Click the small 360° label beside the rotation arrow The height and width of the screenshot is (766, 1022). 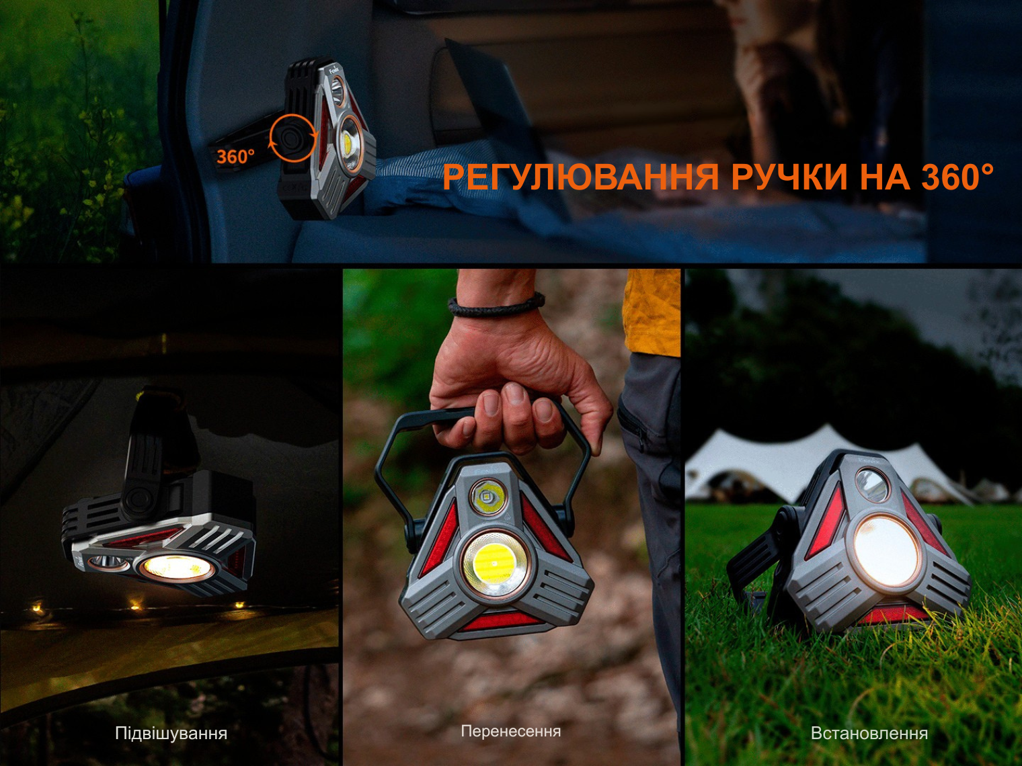click(236, 157)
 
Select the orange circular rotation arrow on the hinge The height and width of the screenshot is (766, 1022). click(293, 138)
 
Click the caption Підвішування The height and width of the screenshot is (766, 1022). click(171, 734)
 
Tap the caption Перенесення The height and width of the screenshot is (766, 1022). click(511, 731)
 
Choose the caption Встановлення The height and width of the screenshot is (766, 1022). click(869, 734)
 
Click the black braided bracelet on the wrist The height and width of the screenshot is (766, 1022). click(496, 305)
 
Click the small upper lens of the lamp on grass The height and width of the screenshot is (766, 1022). click(871, 486)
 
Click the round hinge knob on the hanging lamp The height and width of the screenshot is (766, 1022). click(138, 501)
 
